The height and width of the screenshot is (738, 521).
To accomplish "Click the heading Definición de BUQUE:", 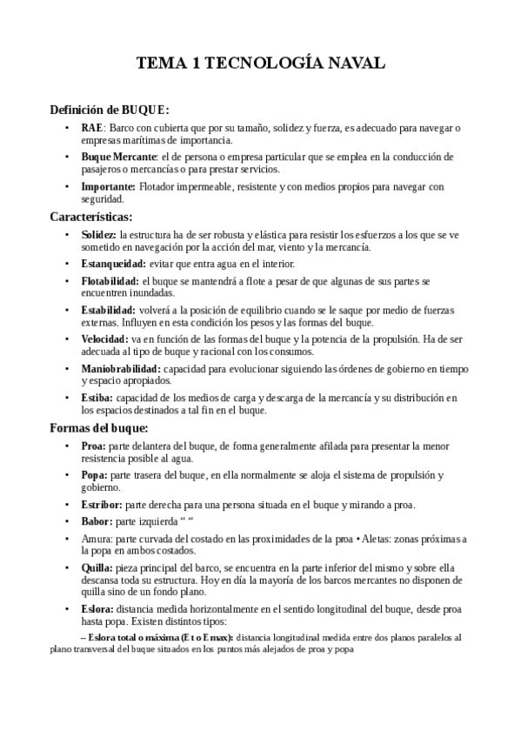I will [x=109, y=110].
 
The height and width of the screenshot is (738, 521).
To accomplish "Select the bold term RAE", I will [x=91, y=128].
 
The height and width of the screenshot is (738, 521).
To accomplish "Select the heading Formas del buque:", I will [x=99, y=428].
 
